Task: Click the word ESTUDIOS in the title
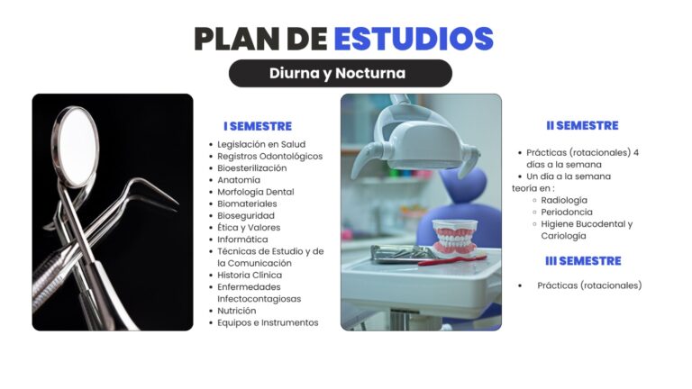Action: [414, 39]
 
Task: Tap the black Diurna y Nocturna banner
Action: [341, 73]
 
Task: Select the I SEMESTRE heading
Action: [258, 127]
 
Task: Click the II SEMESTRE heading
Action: [582, 126]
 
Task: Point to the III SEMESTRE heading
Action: [583, 261]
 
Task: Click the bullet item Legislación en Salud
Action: [261, 144]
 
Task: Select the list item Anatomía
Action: [239, 180]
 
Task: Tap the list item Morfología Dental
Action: [256, 192]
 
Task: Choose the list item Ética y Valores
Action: [249, 228]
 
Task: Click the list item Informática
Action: [242, 240]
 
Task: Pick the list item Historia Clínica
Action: [250, 276]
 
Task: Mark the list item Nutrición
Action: [237, 311]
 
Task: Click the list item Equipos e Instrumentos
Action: [268, 323]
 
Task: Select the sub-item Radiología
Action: [564, 200]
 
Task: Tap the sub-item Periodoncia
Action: [567, 213]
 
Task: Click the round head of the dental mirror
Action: [76, 145]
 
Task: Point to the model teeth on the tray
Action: [455, 238]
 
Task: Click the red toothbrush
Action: [452, 260]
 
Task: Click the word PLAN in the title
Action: [237, 39]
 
